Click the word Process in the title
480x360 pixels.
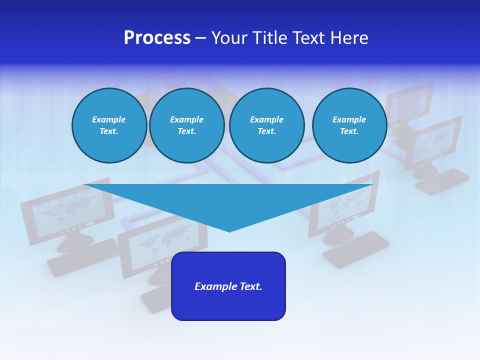(157, 38)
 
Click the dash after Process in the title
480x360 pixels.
(201, 38)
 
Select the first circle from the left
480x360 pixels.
(109, 125)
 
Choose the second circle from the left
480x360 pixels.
(186, 125)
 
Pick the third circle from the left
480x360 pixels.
(266, 125)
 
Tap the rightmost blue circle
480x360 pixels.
(349, 125)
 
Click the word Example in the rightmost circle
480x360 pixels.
(349, 119)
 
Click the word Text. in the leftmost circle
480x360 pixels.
(109, 131)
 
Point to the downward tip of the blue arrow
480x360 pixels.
(229, 230)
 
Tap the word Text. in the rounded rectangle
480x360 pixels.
(251, 286)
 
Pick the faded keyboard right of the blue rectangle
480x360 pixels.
(356, 248)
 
